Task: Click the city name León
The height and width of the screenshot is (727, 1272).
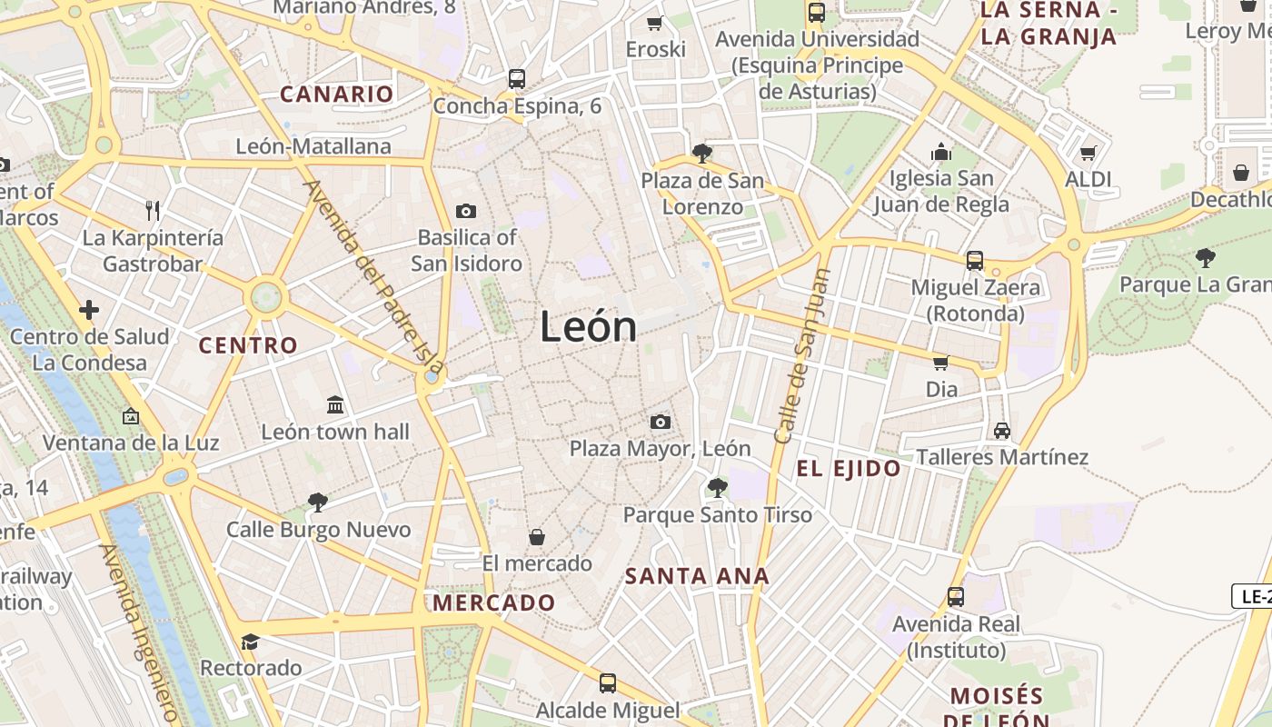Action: click(588, 326)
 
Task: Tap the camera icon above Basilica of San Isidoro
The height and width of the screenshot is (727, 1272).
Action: click(466, 212)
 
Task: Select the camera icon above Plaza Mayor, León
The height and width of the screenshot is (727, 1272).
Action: click(661, 422)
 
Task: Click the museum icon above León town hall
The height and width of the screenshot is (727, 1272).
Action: click(335, 404)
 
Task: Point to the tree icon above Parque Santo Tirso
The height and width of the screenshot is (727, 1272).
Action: click(717, 488)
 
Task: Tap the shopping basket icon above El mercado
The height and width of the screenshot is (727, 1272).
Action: click(537, 537)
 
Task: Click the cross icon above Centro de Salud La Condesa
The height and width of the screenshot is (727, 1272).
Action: click(89, 311)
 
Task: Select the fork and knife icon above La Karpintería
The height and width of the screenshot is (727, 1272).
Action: click(153, 211)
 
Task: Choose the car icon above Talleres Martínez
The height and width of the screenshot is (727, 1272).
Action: click(1002, 430)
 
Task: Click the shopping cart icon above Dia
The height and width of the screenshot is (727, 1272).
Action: click(941, 363)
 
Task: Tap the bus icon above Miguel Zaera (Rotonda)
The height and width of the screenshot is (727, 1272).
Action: click(975, 261)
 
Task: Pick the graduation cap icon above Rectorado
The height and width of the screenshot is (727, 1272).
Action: click(250, 642)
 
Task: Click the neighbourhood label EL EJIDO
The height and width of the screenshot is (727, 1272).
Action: click(849, 469)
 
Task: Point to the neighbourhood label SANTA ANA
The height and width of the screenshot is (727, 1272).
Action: click(698, 576)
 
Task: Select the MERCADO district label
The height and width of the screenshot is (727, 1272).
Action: click(493, 603)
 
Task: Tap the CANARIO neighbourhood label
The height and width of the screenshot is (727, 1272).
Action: click(336, 94)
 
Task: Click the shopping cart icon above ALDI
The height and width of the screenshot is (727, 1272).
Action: click(1088, 153)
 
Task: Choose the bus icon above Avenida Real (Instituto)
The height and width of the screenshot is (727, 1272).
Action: click(956, 597)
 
